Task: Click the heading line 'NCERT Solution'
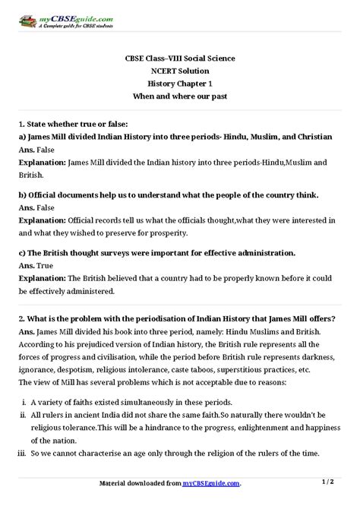click(x=180, y=70)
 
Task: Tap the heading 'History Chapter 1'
click(x=180, y=83)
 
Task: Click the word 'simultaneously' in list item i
click(x=147, y=402)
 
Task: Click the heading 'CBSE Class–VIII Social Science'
click(x=180, y=57)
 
